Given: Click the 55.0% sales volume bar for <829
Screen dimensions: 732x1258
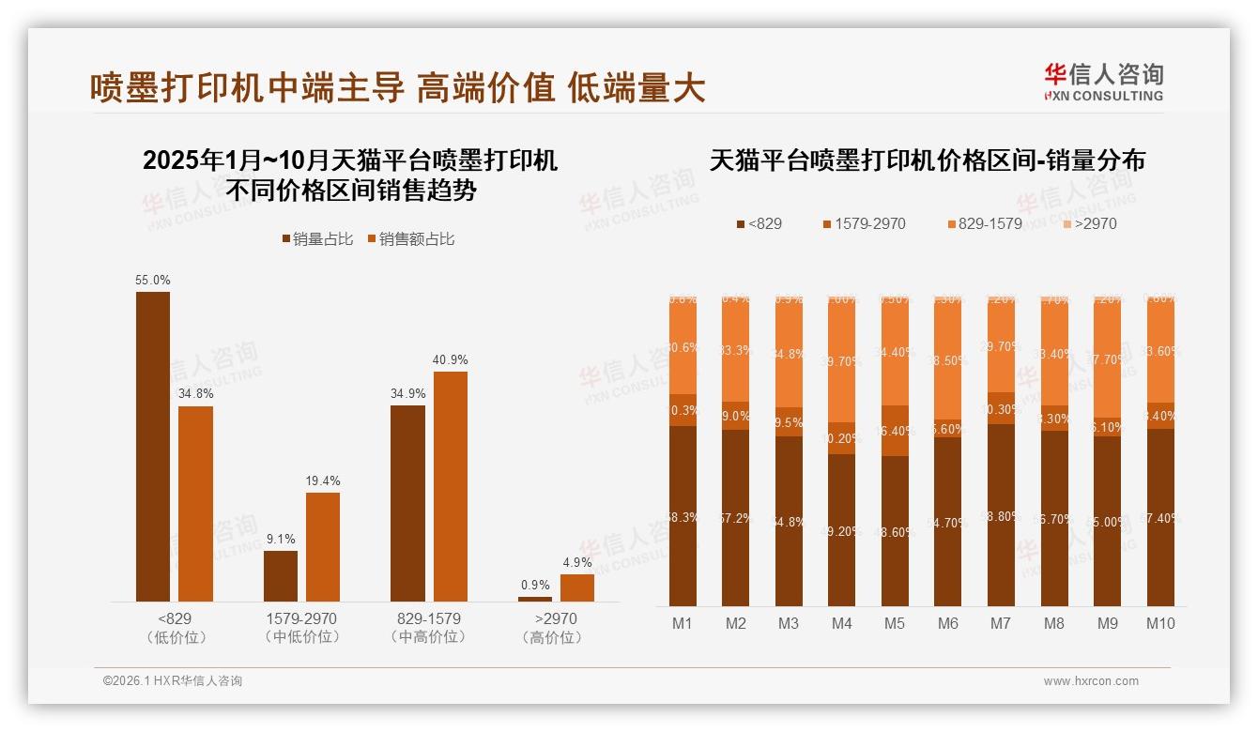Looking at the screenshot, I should pyautogui.click(x=153, y=446).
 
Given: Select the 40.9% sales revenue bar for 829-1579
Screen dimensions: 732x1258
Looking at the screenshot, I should pyautogui.click(x=450, y=486).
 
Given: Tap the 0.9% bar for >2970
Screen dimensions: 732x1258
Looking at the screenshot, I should pyautogui.click(x=535, y=599).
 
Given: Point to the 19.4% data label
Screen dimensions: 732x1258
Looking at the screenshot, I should pyautogui.click(x=322, y=480).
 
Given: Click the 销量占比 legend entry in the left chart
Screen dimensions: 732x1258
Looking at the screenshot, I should pyautogui.click(x=317, y=239).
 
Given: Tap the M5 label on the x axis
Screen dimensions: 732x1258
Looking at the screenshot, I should pyautogui.click(x=895, y=623).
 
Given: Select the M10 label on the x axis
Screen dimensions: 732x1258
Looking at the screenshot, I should pyautogui.click(x=1160, y=623).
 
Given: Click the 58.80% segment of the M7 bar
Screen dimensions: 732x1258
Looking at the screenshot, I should pyautogui.click(x=1001, y=514).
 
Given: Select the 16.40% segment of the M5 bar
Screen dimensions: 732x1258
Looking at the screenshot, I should pyautogui.click(x=895, y=431).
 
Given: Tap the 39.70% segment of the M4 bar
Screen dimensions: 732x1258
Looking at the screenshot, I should pyautogui.click(x=842, y=361).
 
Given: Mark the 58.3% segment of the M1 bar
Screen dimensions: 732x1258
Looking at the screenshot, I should pyautogui.click(x=683, y=515).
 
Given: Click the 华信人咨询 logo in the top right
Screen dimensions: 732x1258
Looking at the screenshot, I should pyautogui.click(x=1103, y=82).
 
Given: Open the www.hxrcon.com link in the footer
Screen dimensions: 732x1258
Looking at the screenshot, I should pyautogui.click(x=1091, y=681).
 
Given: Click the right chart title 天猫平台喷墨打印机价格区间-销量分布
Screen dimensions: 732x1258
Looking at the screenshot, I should pyautogui.click(x=927, y=160).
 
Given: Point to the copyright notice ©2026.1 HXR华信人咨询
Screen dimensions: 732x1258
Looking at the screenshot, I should pyautogui.click(x=173, y=681).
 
